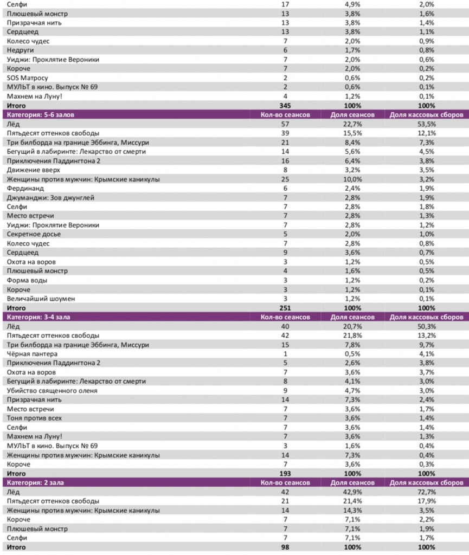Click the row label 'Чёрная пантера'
(32, 354)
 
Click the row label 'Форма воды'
(27, 280)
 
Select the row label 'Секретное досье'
(34, 234)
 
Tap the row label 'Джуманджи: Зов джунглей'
(51, 198)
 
